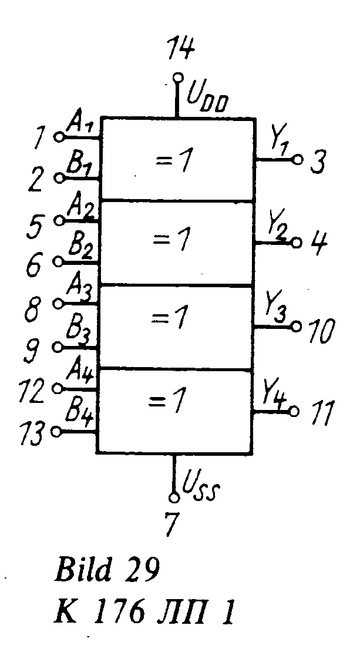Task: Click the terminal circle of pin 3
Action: point(298,159)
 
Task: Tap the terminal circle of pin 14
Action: point(176,77)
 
